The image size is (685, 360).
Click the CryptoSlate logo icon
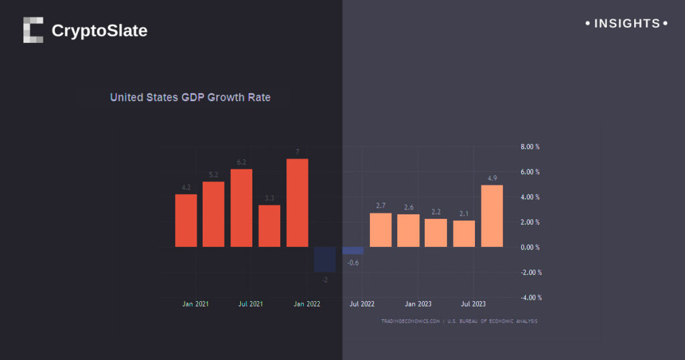click(33, 30)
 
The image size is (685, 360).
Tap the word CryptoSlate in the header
click(99, 31)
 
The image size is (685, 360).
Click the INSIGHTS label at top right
click(627, 23)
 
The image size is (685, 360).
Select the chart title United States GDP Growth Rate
click(190, 97)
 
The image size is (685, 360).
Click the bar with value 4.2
click(186, 220)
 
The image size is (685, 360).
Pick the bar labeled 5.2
click(213, 214)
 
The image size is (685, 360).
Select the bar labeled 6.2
click(241, 207)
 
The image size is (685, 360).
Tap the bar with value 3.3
click(270, 226)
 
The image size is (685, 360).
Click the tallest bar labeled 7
click(297, 203)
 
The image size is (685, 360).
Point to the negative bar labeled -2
click(324, 260)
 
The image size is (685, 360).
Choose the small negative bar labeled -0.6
click(353, 251)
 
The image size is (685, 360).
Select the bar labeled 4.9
click(492, 215)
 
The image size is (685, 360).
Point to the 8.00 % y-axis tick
click(530, 147)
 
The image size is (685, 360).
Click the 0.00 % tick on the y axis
click(530, 247)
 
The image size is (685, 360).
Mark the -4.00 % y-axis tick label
click(530, 297)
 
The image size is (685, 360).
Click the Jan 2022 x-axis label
click(307, 304)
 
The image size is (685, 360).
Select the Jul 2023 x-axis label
click(474, 304)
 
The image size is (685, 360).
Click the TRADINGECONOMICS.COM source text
click(410, 321)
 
